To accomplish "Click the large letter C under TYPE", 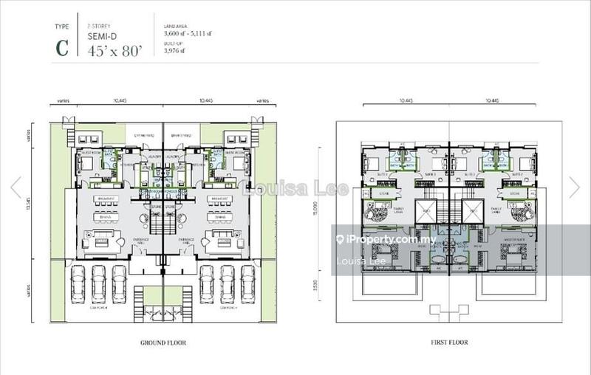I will [63, 47].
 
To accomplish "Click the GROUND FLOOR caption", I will [163, 343].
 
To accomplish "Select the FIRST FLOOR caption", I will [448, 343].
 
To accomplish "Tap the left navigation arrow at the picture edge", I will [16, 187].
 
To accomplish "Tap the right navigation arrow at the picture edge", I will [575, 187].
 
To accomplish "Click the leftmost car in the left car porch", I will [78, 280].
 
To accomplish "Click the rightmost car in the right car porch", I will [248, 280].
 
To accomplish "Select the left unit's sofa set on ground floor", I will [102, 240].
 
